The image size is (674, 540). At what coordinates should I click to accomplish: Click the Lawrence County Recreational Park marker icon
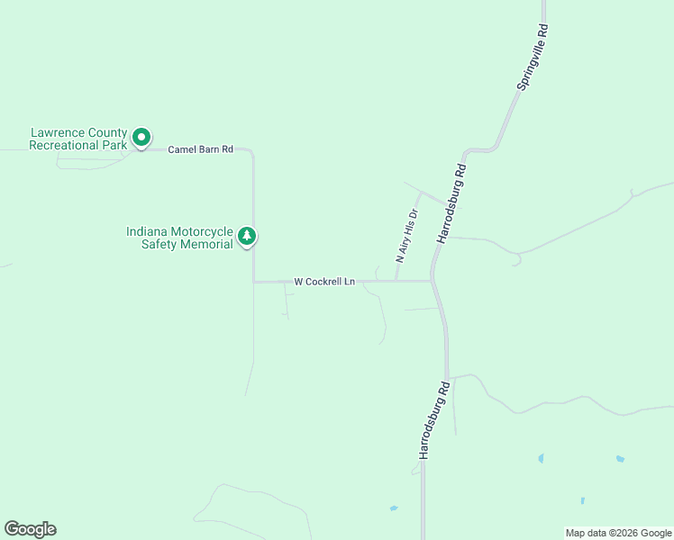(141, 138)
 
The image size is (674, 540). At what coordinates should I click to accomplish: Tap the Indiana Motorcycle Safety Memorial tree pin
(247, 237)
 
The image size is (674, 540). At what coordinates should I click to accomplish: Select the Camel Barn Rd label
(201, 148)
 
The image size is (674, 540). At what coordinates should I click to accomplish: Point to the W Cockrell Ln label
(324, 282)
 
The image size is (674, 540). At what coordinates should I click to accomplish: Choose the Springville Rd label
(532, 57)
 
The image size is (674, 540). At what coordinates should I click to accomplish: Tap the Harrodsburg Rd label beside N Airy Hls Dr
(451, 203)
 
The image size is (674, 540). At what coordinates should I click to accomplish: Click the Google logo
(30, 529)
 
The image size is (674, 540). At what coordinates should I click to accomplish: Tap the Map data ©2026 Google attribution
(618, 533)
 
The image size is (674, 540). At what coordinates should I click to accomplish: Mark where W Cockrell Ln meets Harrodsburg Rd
(433, 281)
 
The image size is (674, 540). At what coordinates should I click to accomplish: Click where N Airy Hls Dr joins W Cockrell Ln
(396, 281)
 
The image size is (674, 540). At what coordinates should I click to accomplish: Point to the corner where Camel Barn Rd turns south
(252, 151)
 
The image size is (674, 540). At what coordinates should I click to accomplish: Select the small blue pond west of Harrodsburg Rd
(394, 508)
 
